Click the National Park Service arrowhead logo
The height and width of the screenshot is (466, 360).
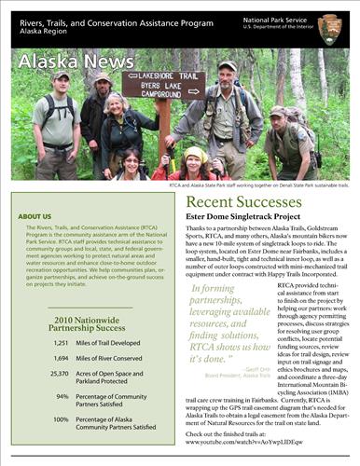pos(328,25)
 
